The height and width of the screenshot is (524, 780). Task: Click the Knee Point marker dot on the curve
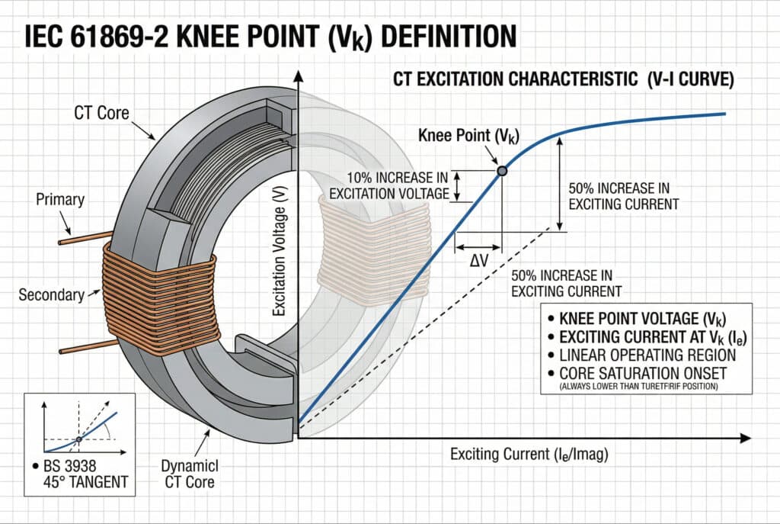tap(502, 171)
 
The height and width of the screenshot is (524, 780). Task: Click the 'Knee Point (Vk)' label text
tap(469, 137)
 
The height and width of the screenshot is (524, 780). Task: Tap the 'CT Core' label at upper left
tap(101, 114)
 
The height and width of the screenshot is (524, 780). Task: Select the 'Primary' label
tap(60, 201)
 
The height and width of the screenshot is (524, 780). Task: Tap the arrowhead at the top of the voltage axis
tap(299, 75)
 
